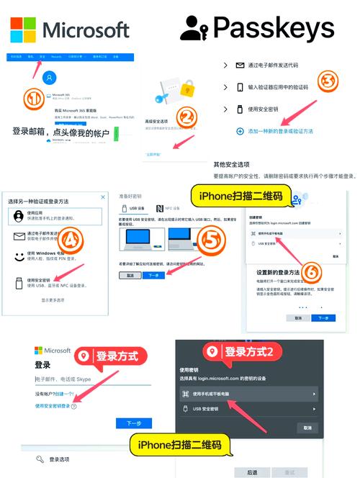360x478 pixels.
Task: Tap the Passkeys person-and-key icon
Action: click(194, 28)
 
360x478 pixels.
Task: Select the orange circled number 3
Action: click(328, 81)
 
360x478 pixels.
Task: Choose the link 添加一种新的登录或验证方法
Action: click(288, 131)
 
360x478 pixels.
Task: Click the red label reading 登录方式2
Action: click(243, 352)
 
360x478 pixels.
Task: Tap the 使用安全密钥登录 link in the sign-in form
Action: click(55, 407)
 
